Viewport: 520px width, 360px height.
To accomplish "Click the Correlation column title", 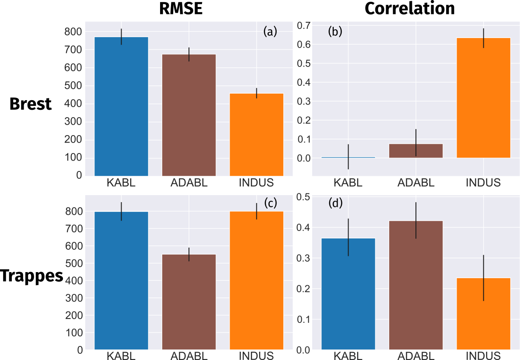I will coord(409,9).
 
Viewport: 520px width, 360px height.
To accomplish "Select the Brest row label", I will coord(31,104).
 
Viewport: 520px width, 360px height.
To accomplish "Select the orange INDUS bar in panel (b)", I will coord(483,98).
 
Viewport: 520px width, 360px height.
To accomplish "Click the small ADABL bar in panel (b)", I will coord(416,150).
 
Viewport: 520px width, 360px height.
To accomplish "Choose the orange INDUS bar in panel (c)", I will coord(257,280).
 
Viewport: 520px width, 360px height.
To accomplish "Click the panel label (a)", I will coord(270,31).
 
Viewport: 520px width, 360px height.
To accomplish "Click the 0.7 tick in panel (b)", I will coord(304,26).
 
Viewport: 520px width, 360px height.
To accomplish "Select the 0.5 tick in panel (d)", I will coord(304,197).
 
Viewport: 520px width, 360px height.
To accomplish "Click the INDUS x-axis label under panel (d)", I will coord(483,355).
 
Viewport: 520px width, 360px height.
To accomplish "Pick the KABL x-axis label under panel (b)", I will coord(349,182).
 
